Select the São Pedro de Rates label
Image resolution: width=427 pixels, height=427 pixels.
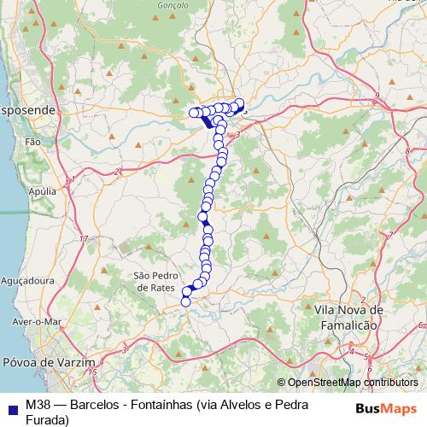tap(155, 282)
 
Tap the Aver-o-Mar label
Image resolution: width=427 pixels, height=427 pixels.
tap(37, 322)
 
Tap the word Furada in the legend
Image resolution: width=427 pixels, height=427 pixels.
tap(47, 419)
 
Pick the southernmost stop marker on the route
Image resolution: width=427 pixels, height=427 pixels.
tap(185, 301)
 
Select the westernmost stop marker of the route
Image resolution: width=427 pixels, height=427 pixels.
tap(194, 112)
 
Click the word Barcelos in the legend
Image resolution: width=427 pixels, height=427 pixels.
tap(100, 405)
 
